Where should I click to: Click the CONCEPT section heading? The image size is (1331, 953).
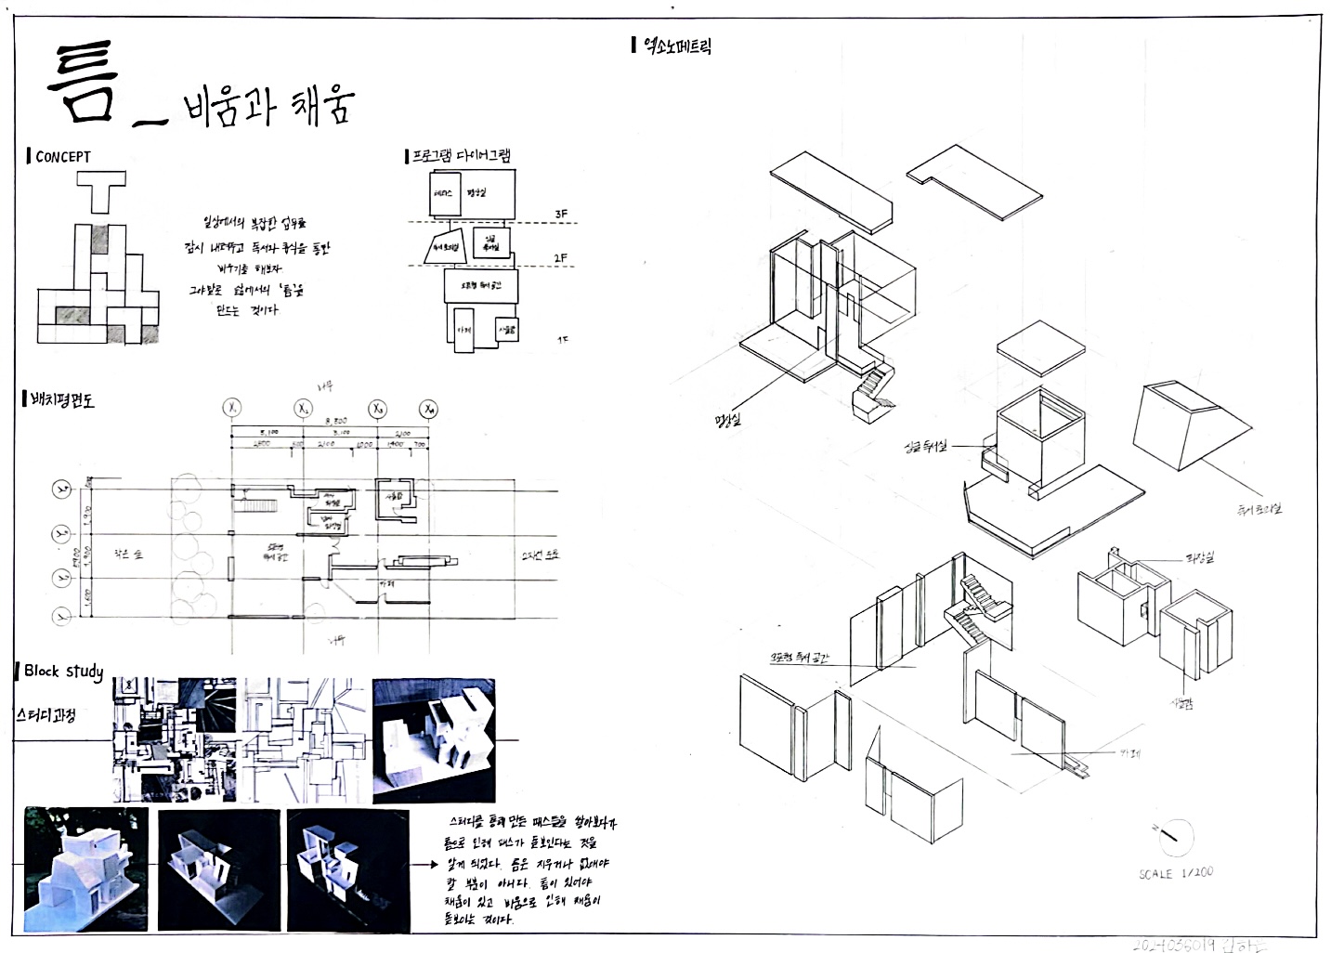click(62, 157)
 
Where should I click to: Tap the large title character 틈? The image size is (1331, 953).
click(85, 85)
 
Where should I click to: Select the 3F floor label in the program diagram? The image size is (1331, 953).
click(561, 215)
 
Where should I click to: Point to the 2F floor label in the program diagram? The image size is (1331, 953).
click(561, 258)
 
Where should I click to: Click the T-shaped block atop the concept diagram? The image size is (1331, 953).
click(102, 194)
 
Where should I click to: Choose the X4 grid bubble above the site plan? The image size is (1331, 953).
click(428, 409)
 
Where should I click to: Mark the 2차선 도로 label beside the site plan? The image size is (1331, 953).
click(540, 555)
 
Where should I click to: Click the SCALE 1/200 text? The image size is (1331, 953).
click(1175, 873)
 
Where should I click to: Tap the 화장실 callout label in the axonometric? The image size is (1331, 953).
click(1198, 557)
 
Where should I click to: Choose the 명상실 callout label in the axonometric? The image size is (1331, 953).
click(728, 420)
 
